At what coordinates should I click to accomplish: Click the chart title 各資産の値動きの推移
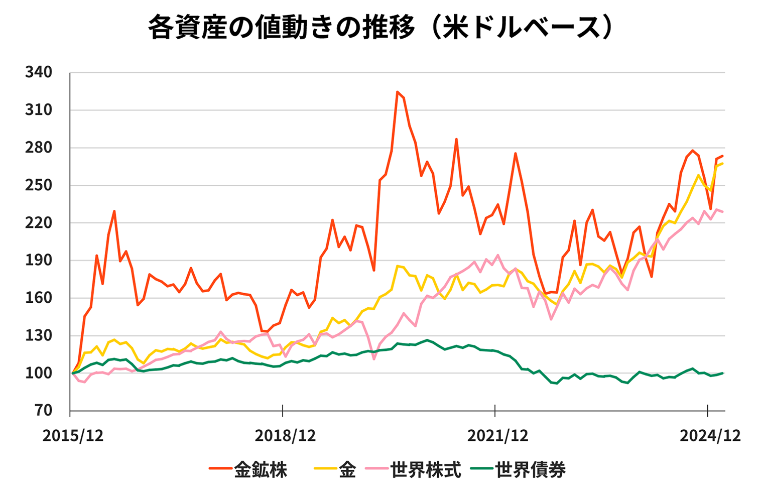pyautogui.click(x=281, y=28)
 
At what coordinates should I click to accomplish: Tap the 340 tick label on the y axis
pyautogui.click(x=39, y=72)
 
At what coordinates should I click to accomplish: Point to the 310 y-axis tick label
pyautogui.click(x=39, y=110)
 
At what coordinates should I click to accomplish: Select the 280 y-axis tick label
pyautogui.click(x=39, y=148)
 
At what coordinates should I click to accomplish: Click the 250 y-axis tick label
pyautogui.click(x=39, y=185)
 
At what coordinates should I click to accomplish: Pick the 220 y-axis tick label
pyautogui.click(x=39, y=223)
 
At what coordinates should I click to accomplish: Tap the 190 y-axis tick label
pyautogui.click(x=39, y=260)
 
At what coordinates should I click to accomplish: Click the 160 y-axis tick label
pyautogui.click(x=39, y=298)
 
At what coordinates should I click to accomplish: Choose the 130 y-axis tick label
pyautogui.click(x=39, y=335)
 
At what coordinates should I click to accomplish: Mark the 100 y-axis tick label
pyautogui.click(x=39, y=373)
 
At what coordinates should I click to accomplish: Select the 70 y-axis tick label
pyautogui.click(x=44, y=411)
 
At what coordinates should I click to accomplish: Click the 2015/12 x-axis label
pyautogui.click(x=73, y=435)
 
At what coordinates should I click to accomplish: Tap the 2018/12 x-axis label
pyautogui.click(x=285, y=435)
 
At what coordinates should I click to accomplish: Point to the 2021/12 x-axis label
pyautogui.click(x=497, y=435)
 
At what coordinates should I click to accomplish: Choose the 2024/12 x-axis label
pyautogui.click(x=710, y=435)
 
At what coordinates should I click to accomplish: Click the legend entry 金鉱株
pyautogui.click(x=260, y=470)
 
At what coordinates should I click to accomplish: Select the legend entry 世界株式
pyautogui.click(x=425, y=470)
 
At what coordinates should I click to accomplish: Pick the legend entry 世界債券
pyautogui.click(x=530, y=470)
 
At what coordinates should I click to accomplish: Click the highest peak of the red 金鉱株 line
pyautogui.click(x=397, y=92)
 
